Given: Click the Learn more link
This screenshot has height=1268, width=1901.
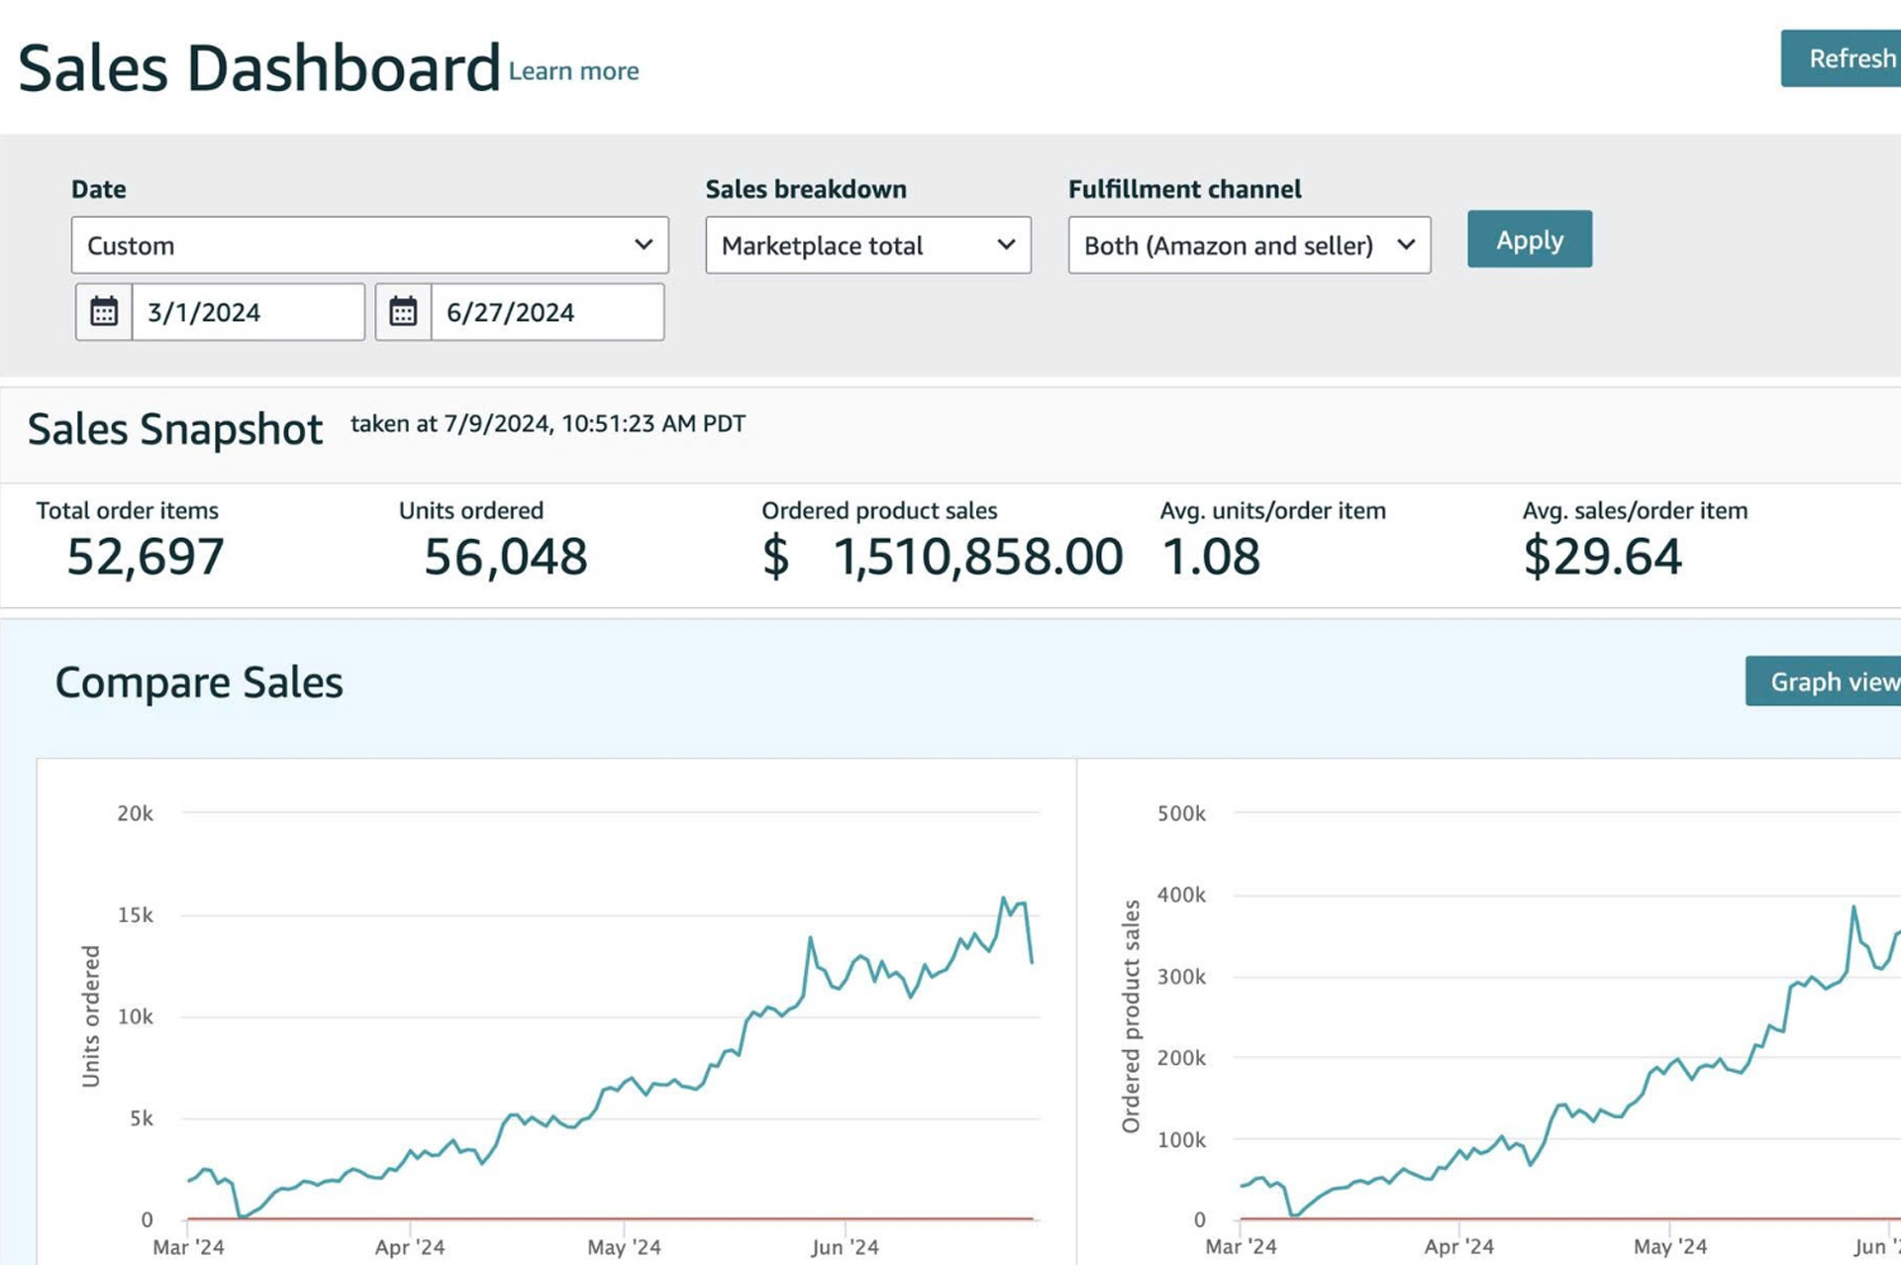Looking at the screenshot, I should tap(573, 71).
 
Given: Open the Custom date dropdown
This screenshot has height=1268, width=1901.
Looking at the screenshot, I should tap(369, 246).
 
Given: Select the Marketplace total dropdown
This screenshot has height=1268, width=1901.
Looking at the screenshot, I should tap(867, 246).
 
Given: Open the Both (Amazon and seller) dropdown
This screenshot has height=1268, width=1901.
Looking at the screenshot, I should tap(1249, 246).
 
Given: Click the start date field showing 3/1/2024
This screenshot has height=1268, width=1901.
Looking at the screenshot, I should tap(248, 313).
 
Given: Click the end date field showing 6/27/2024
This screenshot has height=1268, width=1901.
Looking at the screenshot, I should tap(547, 313).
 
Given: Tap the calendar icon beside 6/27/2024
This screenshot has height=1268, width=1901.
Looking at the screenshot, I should tap(403, 313).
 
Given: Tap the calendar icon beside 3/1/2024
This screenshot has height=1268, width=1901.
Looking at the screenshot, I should tap(104, 313).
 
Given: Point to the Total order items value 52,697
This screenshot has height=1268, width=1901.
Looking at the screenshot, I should tap(146, 557).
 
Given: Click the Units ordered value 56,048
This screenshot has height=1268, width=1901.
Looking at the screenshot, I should tap(505, 557).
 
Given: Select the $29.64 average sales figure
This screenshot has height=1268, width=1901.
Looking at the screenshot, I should tap(1602, 557).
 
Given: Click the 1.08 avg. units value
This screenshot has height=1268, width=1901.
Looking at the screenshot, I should tap(1211, 557).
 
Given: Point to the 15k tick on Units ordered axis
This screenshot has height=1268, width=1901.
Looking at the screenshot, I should tap(136, 915).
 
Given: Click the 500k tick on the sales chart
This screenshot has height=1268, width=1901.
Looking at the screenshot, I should tap(1181, 814).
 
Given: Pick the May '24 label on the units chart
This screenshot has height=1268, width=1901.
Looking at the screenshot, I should tap(624, 1247).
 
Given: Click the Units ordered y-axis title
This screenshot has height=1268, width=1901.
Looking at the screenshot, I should tap(91, 1016).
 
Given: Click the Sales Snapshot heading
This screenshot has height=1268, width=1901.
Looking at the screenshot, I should tap(175, 430).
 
